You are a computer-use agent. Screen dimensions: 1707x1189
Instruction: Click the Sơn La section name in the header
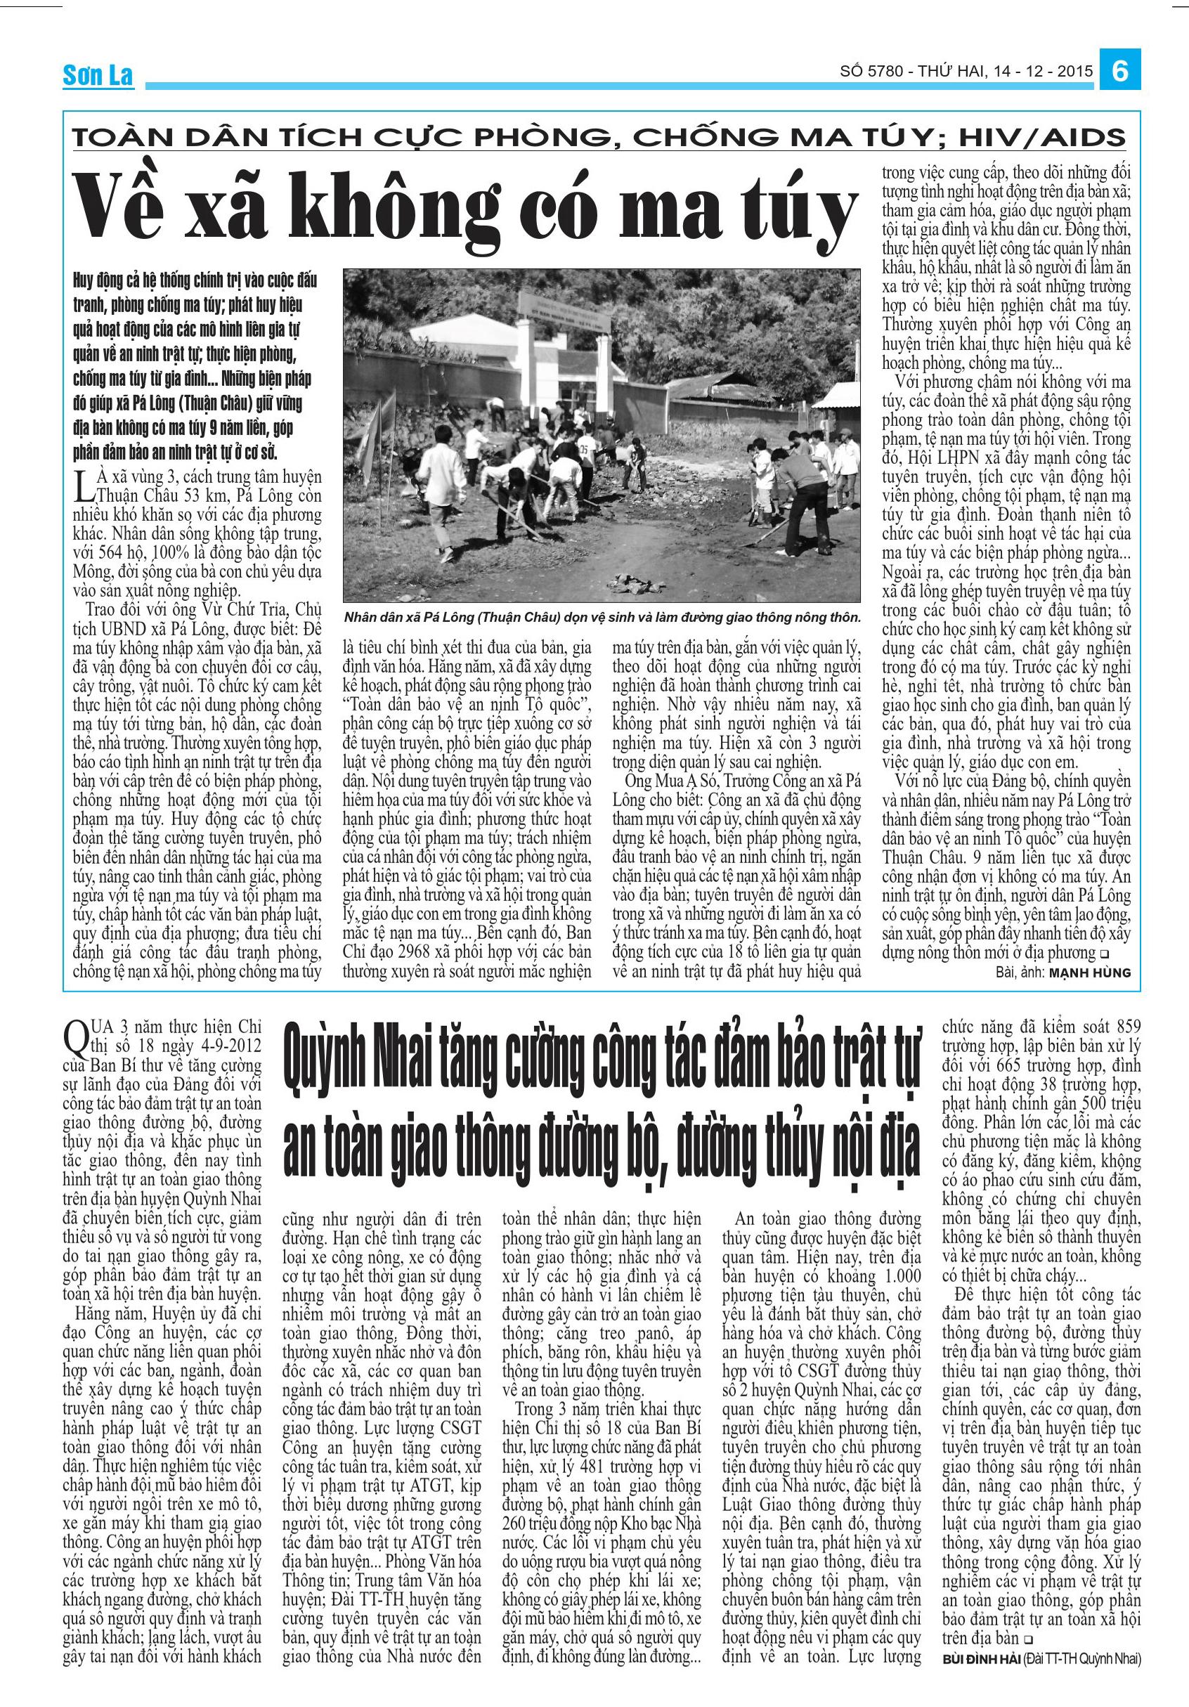click(98, 76)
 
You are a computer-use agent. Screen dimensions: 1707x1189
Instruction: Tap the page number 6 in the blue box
click(1120, 72)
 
